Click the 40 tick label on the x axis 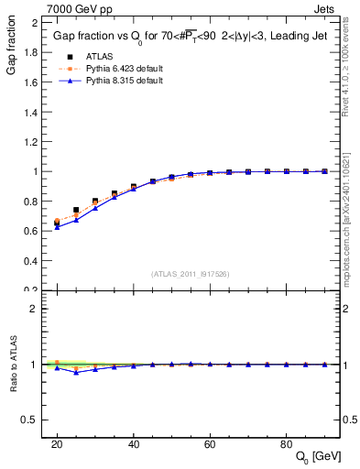134,444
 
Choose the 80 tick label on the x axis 287,444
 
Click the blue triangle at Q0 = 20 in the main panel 57,227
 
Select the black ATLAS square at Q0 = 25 76,210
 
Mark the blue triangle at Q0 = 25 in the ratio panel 76,372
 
